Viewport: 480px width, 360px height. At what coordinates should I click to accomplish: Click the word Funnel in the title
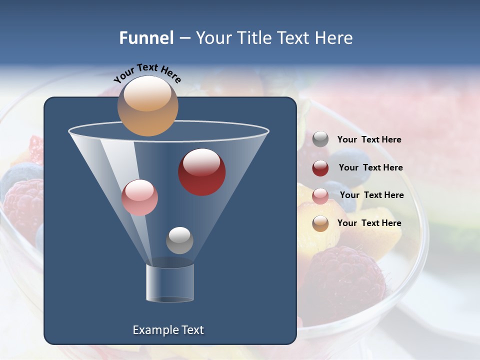pos(146,38)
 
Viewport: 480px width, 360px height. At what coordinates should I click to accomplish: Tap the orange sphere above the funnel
pos(147,106)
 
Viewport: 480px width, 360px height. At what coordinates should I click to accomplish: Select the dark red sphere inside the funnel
pos(201,172)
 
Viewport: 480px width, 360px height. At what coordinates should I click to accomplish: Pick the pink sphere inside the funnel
pos(139,197)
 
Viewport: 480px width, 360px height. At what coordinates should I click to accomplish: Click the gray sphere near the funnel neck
pos(179,240)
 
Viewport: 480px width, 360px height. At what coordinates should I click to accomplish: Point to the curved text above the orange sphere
pos(147,73)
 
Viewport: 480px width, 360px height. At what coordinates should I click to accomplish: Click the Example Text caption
pos(168,330)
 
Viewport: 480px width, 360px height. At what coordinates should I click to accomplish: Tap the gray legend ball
pos(320,139)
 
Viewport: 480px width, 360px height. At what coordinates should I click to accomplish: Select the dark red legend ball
pos(320,168)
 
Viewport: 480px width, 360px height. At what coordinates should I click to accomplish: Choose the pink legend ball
pos(320,196)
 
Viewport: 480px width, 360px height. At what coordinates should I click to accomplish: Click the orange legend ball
pos(320,223)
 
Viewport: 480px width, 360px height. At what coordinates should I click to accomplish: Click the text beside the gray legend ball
pos(369,140)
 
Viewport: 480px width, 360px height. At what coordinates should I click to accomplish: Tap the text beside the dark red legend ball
pos(370,168)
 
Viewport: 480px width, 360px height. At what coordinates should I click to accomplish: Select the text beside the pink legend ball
pos(371,195)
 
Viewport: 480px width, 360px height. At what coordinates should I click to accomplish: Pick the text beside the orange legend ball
pos(369,223)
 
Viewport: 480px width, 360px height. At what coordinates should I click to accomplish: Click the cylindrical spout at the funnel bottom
pos(170,283)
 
